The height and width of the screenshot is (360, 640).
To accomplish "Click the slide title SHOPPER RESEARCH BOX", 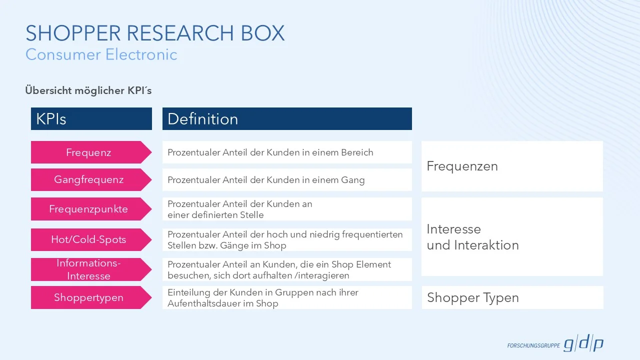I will pyautogui.click(x=155, y=33).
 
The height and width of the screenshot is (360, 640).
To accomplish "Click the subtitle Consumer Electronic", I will pyautogui.click(x=101, y=54).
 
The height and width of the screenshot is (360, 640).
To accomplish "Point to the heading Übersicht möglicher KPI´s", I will pyautogui.click(x=88, y=90).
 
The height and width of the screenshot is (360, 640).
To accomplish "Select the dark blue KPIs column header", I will pyautogui.click(x=91, y=119).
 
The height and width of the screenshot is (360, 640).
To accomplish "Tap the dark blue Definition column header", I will pyautogui.click(x=286, y=119).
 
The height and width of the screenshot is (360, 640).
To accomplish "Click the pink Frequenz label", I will pyautogui.click(x=88, y=152).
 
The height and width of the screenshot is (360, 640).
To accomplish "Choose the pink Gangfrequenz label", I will pyautogui.click(x=88, y=179).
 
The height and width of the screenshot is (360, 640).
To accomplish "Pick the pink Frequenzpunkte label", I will pyautogui.click(x=88, y=209).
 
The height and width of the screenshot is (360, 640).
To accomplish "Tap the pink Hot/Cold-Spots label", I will pyautogui.click(x=88, y=239).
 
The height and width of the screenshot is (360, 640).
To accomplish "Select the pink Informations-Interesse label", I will pyautogui.click(x=88, y=269).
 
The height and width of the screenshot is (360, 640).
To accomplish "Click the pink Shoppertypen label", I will pyautogui.click(x=88, y=297).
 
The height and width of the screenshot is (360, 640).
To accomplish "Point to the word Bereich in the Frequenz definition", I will pyautogui.click(x=357, y=152).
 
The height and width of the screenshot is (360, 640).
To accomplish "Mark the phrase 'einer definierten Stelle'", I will pyautogui.click(x=215, y=215).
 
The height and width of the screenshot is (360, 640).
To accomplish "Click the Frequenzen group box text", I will pyautogui.click(x=462, y=166).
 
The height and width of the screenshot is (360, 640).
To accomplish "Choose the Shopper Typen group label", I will pyautogui.click(x=472, y=298).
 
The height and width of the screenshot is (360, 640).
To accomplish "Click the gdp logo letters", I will pyautogui.click(x=583, y=344).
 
